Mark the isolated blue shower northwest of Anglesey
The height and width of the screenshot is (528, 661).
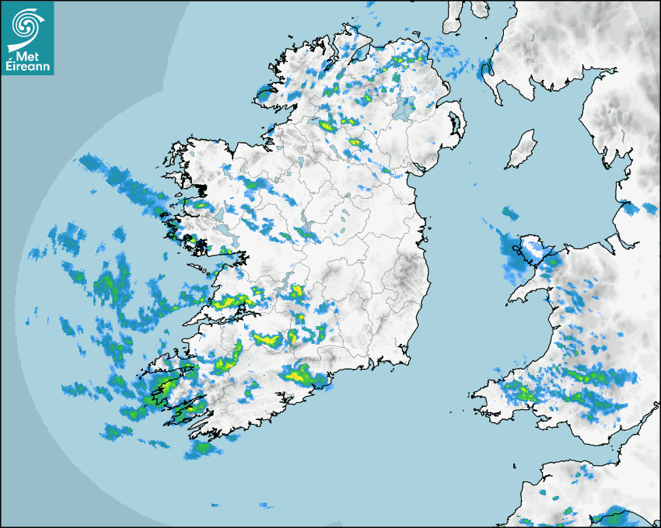click(510, 212)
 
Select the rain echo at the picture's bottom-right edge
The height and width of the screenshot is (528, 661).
click(614, 517)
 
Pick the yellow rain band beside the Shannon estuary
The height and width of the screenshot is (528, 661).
click(233, 301)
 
